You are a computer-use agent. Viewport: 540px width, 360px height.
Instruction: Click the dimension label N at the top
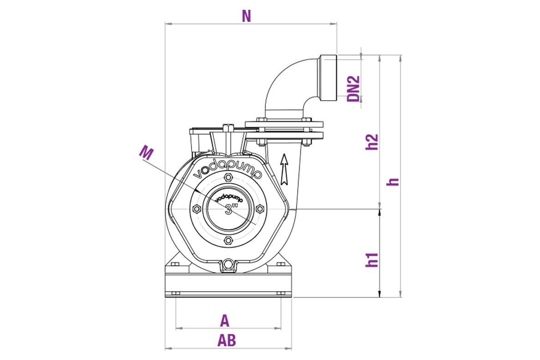(246, 16)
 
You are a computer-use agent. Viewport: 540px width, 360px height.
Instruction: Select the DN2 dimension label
(354, 88)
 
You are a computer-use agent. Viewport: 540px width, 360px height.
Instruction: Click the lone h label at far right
(393, 180)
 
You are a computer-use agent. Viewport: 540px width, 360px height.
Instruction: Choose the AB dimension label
(227, 341)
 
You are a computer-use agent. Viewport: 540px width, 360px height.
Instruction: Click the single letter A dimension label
(225, 320)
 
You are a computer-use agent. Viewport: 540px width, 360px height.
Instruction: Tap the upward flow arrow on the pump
(284, 167)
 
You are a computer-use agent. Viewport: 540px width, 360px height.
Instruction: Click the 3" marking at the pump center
(228, 210)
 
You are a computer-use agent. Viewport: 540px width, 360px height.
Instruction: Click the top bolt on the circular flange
(228, 179)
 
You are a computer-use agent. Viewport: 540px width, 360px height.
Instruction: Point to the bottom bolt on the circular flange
(228, 240)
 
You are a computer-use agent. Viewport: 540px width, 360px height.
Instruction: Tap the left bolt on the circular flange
(197, 210)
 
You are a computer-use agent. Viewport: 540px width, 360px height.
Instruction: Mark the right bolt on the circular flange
(259, 210)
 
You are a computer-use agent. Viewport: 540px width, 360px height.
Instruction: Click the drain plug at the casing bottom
(228, 265)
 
